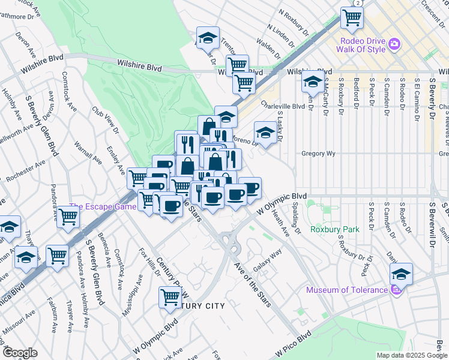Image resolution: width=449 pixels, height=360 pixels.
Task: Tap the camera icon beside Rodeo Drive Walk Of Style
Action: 394,44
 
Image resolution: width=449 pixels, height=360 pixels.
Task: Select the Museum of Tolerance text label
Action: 346,290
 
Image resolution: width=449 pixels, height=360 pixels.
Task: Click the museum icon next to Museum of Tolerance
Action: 395,290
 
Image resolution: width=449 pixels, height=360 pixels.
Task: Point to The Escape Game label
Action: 102,207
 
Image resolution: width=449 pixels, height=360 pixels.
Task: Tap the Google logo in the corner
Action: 20,352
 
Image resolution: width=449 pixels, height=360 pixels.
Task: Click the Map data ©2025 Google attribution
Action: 412,355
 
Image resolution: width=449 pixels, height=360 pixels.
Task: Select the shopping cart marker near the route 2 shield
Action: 352,17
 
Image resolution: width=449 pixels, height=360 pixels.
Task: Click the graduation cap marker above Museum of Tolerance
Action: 401,274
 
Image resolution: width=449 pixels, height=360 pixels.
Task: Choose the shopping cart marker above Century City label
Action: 170,296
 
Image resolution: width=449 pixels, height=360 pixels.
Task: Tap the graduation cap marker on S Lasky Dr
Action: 265,132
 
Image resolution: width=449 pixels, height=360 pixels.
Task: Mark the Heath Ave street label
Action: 280,223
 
